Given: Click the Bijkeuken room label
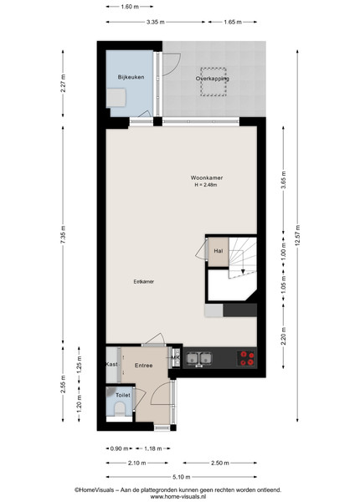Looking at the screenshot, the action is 131,77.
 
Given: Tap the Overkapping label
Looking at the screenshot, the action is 213,79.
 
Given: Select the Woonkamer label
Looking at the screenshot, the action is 207,177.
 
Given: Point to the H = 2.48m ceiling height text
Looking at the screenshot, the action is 206,185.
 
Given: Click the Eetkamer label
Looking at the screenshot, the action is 144,282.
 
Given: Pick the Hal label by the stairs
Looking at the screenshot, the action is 219,251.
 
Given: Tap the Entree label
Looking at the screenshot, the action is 143,366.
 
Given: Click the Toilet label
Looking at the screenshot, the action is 123,395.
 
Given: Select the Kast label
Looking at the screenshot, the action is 111,364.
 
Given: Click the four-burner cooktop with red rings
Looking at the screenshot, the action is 247,358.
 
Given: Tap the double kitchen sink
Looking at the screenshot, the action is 200,358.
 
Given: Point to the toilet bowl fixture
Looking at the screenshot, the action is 120,409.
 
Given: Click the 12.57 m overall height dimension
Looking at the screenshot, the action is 297,236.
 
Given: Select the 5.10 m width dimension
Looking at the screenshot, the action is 182,477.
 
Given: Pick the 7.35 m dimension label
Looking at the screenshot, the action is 63,234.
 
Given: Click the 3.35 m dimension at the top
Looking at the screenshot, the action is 156,22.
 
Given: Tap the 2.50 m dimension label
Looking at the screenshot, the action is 219,463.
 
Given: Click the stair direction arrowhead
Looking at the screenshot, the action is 243,271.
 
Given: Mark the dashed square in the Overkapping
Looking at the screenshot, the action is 213,82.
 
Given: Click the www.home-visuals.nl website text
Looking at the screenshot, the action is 177,496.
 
